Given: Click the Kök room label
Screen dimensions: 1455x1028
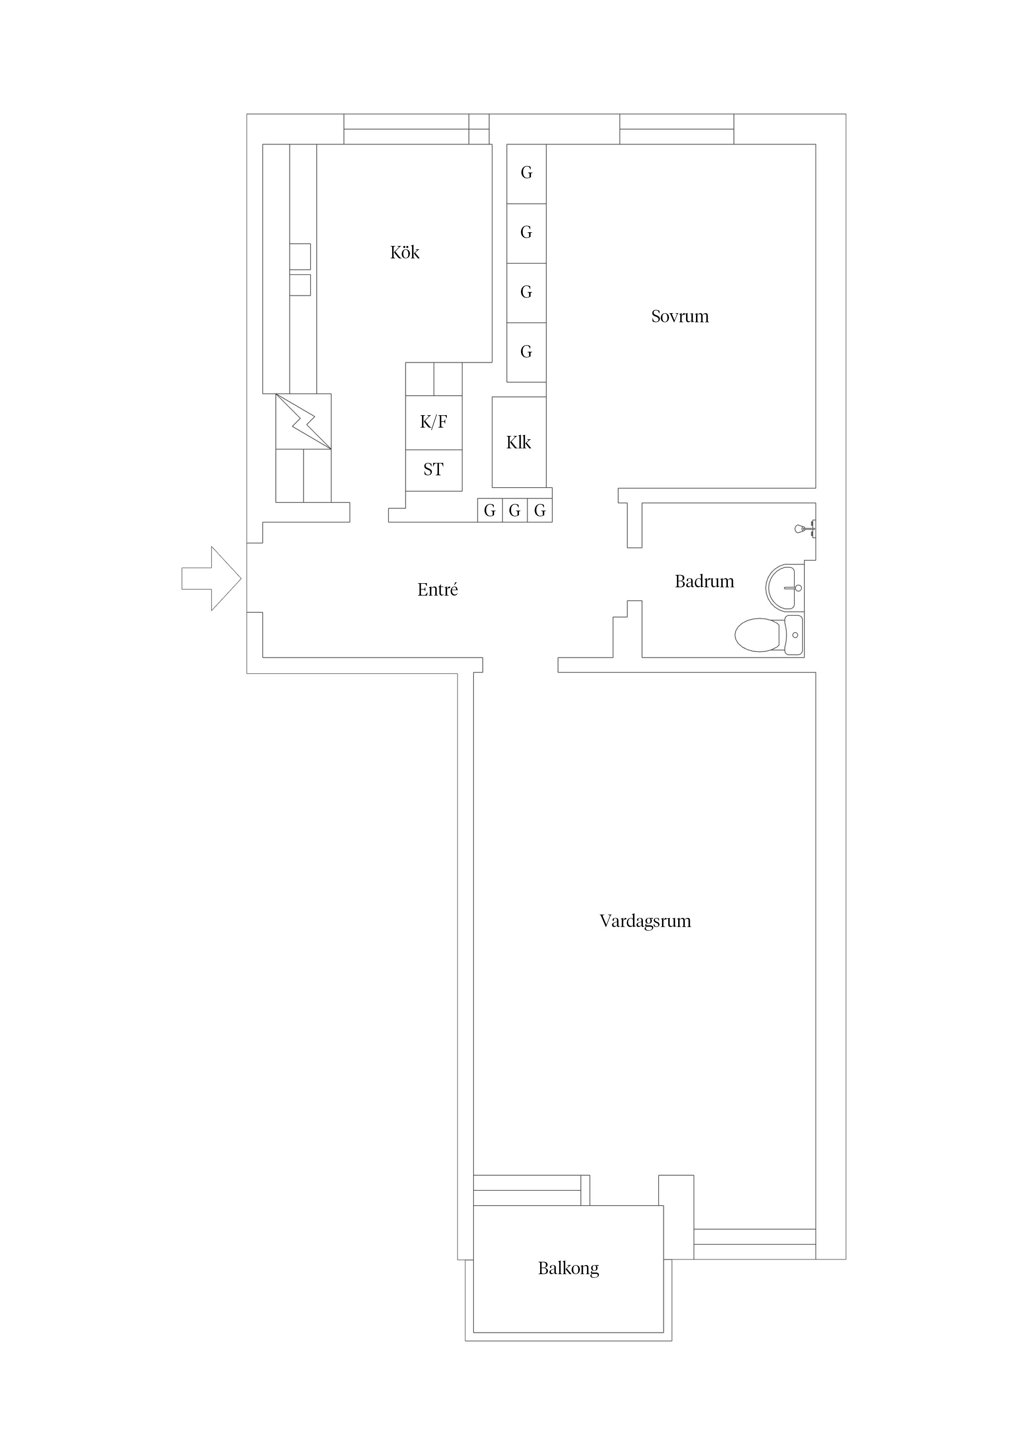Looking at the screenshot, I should (x=405, y=253).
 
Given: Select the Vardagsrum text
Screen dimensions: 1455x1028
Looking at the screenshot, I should (x=645, y=921).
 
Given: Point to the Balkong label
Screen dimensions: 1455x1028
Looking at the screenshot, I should (x=568, y=1268).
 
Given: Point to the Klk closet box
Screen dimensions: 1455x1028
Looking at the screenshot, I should (x=519, y=442).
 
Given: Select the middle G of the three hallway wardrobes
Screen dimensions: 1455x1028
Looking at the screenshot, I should (x=514, y=510).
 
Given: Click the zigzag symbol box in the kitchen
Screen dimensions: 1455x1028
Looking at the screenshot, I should (x=303, y=421).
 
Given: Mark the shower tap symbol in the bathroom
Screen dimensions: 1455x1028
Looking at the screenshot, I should (x=805, y=528).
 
